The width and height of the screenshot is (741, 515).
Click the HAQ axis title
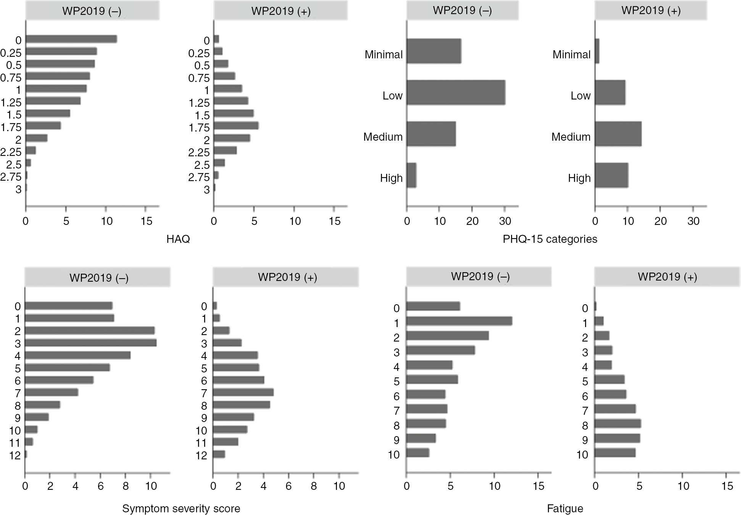[x=178, y=239]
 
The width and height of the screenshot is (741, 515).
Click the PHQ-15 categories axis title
[x=549, y=239]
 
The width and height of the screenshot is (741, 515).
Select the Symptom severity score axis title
[x=181, y=509]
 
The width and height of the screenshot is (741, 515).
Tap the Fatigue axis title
[x=565, y=509]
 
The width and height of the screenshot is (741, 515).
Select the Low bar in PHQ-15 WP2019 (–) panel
[x=456, y=93]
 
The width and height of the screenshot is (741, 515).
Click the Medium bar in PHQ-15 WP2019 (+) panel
[x=618, y=134]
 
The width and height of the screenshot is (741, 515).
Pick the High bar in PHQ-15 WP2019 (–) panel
[x=411, y=175]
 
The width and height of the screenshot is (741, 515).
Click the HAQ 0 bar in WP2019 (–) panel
[x=71, y=39]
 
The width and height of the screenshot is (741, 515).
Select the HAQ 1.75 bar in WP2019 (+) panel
[x=236, y=126]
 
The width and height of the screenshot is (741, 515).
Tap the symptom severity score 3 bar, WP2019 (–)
[x=90, y=343]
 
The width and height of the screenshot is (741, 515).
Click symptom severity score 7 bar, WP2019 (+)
[x=243, y=392]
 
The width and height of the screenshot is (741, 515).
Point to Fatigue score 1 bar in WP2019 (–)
[x=459, y=321]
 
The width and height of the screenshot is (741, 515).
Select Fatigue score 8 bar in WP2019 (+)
[x=617, y=424]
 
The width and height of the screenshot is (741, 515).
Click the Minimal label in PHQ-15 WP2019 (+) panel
[x=571, y=55]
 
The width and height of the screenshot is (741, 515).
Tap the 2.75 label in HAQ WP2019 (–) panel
[x=11, y=177]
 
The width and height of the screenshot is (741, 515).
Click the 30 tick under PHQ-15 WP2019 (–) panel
[x=505, y=221]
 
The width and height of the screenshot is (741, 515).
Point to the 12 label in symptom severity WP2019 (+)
[x=201, y=455]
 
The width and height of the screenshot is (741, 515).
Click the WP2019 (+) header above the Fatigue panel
[x=667, y=277]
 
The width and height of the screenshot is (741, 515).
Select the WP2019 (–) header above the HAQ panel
[x=92, y=11]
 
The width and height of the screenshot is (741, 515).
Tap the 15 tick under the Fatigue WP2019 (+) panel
[x=727, y=486]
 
